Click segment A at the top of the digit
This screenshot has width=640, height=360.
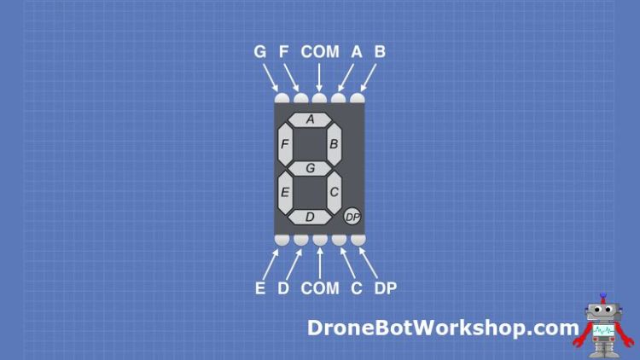311,119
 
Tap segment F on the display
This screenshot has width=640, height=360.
285,143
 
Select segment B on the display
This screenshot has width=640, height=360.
335,143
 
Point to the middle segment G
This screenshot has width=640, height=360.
311,168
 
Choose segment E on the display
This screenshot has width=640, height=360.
285,192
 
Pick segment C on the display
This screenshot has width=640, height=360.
334,192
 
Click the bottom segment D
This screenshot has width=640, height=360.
310,217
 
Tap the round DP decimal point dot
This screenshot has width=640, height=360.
352,217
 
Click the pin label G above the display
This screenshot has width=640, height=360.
260,52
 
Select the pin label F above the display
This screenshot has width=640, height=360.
284,52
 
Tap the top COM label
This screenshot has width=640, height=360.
320,52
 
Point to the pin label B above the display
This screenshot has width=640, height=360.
380,52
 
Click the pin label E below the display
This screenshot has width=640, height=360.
260,288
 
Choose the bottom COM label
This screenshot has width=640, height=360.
320,288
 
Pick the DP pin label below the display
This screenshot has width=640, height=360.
386,288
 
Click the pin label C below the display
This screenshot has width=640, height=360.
357,288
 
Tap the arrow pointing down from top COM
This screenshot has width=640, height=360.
320,78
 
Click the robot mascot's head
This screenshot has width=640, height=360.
603,312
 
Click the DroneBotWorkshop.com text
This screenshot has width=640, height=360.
443,328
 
